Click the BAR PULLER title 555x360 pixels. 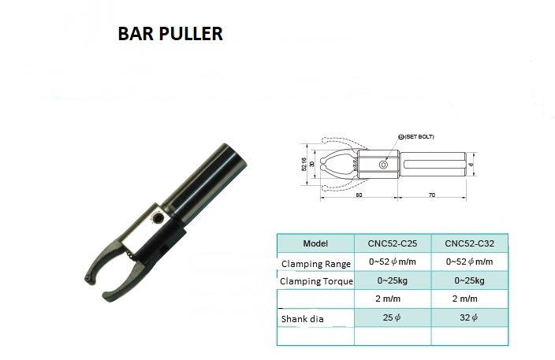coord(170,34)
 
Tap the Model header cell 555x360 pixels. coord(315,243)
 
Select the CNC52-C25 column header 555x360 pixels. coord(392,243)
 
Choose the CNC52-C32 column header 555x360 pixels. coord(469,243)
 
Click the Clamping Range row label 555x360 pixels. coord(315,264)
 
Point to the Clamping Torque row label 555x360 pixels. coord(316,281)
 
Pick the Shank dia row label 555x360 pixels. coord(302,319)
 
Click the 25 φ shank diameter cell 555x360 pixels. coord(392,317)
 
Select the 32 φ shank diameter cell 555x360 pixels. coord(468,317)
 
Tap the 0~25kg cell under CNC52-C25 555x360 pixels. coord(392,280)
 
